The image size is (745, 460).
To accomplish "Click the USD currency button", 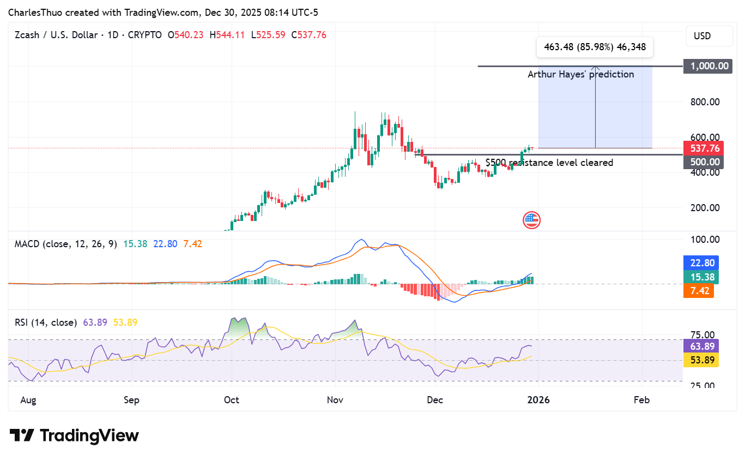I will [702, 36].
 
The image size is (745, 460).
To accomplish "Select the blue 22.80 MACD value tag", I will [701, 263].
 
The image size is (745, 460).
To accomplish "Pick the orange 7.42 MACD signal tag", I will [698, 290].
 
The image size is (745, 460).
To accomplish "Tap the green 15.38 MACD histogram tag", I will [701, 277].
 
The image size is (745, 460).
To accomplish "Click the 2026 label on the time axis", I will [538, 400].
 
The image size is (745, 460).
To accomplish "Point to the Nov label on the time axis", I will [335, 400].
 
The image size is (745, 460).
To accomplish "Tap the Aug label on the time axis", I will [28, 400].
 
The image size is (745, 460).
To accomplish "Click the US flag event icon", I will [531, 220].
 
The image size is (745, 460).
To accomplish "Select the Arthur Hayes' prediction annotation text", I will [580, 74].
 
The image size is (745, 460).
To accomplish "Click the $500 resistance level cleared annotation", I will [549, 163].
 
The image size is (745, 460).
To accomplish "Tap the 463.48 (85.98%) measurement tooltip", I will [595, 47].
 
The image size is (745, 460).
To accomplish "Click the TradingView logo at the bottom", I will [74, 435].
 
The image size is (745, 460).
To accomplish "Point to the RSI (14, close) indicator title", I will [46, 322].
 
